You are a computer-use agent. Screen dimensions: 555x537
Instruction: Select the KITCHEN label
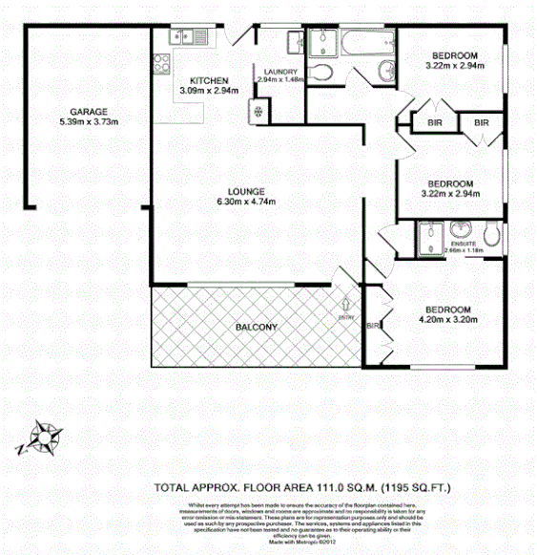(208, 80)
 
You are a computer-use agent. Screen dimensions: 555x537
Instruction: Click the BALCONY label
(256, 328)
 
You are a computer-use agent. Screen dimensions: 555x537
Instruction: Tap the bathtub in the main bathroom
(362, 42)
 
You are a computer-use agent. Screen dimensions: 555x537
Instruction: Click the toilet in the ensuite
(492, 235)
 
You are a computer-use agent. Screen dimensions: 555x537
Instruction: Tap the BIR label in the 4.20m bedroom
(372, 329)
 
